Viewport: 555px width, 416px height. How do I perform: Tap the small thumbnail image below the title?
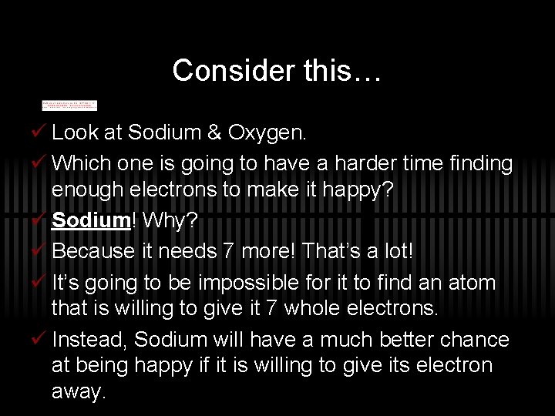(x=69, y=104)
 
